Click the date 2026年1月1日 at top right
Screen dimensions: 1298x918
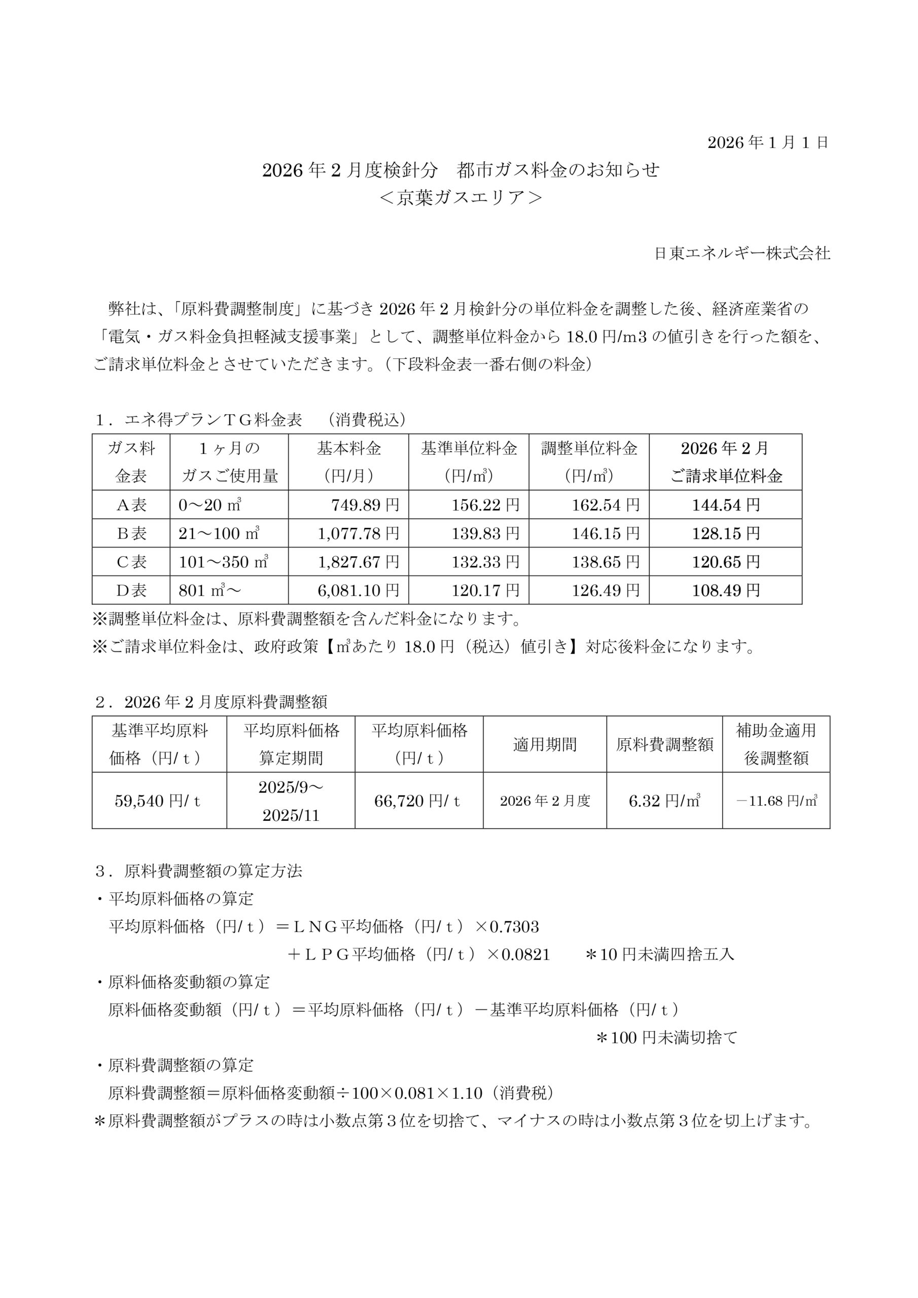pos(768,142)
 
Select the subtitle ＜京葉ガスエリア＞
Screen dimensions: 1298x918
pos(461,198)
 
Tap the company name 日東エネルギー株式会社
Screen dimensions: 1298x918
pos(742,254)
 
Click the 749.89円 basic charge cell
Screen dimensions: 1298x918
pos(365,505)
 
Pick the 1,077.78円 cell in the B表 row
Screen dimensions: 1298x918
pos(358,533)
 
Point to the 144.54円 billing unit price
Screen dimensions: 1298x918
pos(726,505)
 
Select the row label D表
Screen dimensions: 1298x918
pos(131,590)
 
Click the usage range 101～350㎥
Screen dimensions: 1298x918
pos(223,562)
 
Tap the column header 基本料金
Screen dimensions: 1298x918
pos(348,449)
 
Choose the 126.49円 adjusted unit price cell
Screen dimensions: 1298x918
pos(605,590)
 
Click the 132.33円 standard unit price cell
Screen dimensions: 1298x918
pos(485,562)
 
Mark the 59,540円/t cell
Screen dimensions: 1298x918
pos(158,801)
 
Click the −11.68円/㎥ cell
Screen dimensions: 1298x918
pos(776,801)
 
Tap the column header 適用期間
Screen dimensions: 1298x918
pos(545,744)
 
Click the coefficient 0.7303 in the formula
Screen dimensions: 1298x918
pos(515,926)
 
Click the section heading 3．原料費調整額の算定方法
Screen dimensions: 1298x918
pos(199,871)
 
